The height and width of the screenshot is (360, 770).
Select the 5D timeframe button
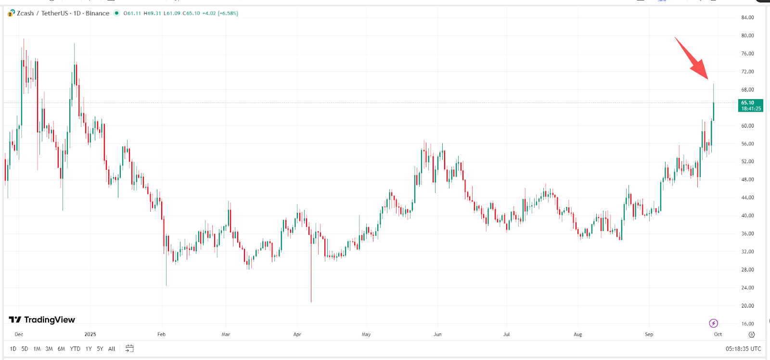[x=25, y=349]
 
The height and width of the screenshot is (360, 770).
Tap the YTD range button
[x=75, y=349]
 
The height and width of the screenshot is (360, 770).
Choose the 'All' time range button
[x=112, y=349]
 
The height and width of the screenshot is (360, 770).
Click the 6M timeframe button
[x=61, y=349]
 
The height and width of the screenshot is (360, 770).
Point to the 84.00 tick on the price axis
[x=747, y=18]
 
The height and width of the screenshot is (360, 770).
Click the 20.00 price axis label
[x=747, y=306]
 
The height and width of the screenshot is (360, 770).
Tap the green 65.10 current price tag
[x=750, y=105]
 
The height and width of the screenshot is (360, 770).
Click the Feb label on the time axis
[x=161, y=334]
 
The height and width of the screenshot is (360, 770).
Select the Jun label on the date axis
[x=437, y=334]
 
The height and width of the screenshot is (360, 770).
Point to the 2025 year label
[x=90, y=334]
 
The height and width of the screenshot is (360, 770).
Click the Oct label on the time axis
[x=718, y=334]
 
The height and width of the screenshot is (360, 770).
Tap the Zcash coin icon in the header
[x=11, y=13]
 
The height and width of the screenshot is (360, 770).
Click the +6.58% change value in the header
[x=228, y=13]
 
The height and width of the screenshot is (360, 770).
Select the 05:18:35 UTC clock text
[x=743, y=349]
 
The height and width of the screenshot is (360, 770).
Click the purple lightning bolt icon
[x=713, y=323]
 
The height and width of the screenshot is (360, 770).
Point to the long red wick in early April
[x=311, y=274]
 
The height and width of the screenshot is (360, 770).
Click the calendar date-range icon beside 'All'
[x=129, y=348]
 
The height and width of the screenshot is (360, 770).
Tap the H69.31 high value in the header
[x=152, y=13]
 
